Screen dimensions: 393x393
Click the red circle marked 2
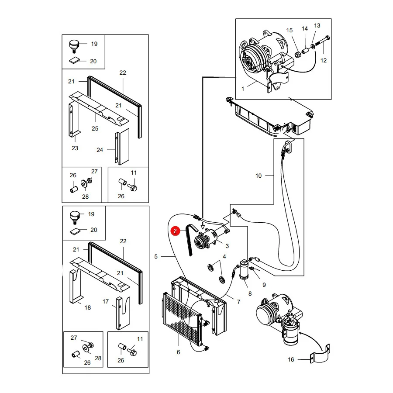coord(175,231)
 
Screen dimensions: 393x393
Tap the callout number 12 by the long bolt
coord(324,60)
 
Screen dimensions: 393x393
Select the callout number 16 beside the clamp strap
coord(291,360)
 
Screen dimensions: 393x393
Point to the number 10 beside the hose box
coord(259,176)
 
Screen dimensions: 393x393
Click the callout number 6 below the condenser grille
coord(178,352)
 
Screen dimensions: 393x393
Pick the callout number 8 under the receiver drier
coord(250,293)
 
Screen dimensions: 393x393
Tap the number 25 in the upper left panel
coord(95,128)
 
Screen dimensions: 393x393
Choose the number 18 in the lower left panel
coord(87,307)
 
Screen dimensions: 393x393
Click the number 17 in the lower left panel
coord(106,301)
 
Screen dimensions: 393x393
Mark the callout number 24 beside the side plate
coord(100,150)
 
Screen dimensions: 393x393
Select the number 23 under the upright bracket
coord(75,148)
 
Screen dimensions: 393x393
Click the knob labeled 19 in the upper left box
coord(74,46)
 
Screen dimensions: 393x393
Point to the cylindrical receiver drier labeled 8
coord(244,269)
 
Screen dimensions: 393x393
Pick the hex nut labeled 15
coord(297,55)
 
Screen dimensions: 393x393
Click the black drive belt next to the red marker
coord(191,239)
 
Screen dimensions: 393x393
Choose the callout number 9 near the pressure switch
coord(264,285)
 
